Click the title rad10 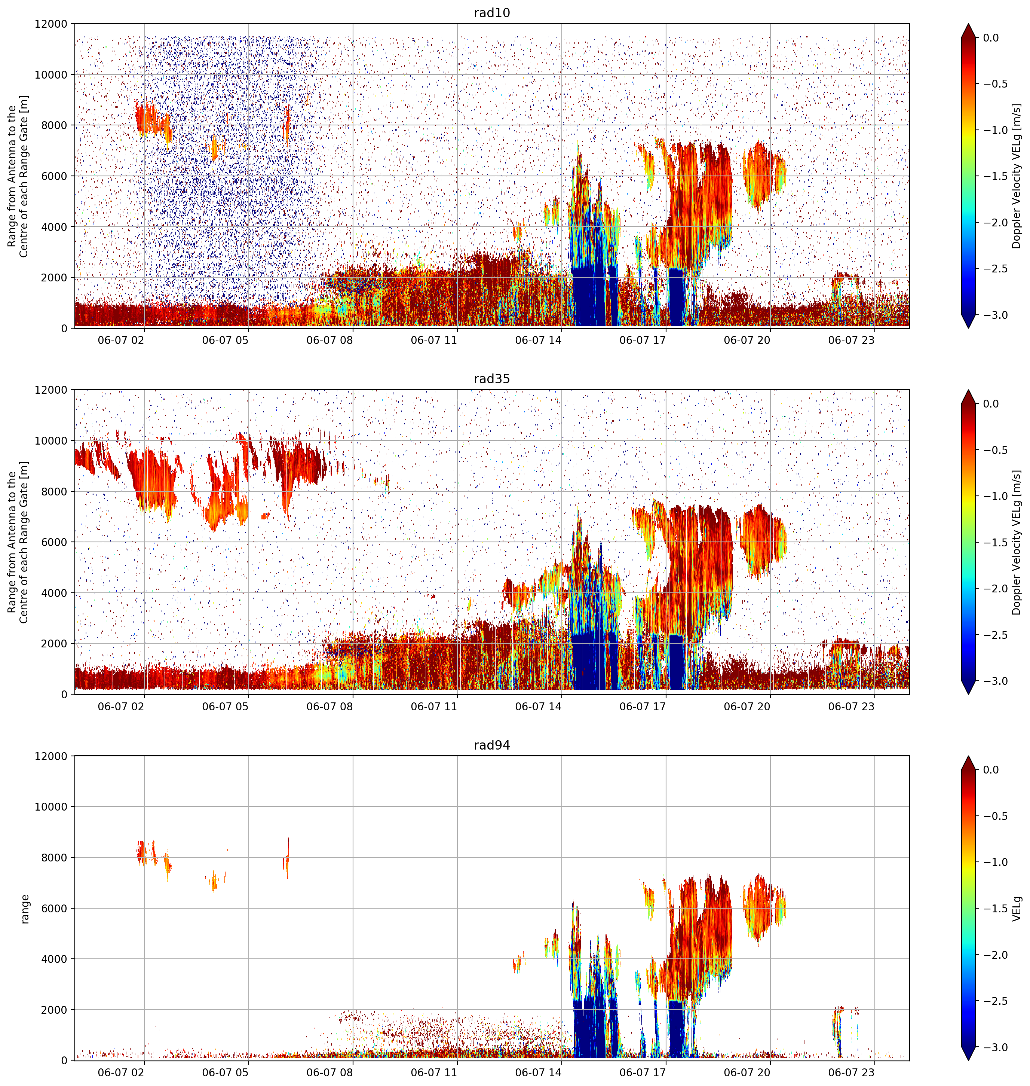[x=491, y=13]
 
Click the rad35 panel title [x=491, y=378]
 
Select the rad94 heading [x=491, y=745]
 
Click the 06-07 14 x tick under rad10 [x=538, y=340]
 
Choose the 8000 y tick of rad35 [x=54, y=491]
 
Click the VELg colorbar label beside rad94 [x=1017, y=909]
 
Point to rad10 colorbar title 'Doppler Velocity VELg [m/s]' [x=1017, y=176]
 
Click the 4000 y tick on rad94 [x=54, y=958]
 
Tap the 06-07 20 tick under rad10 [x=747, y=340]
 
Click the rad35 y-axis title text [x=18, y=542]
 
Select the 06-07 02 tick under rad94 [x=121, y=1072]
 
